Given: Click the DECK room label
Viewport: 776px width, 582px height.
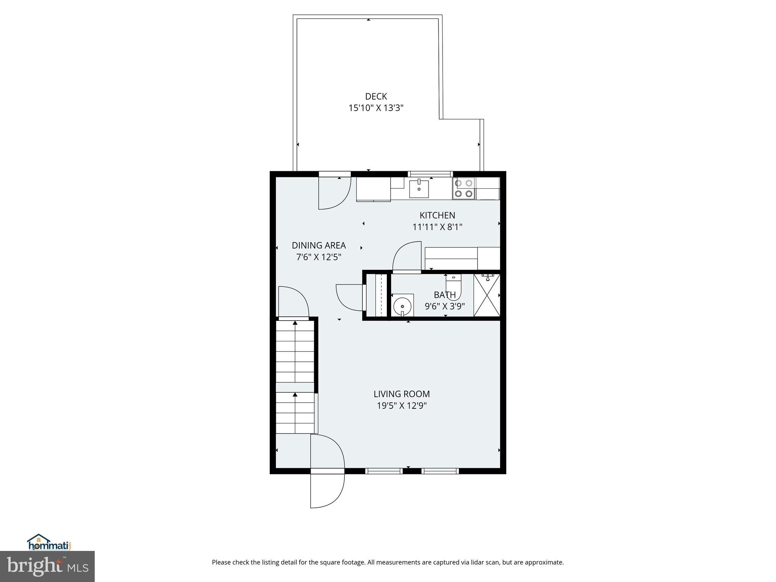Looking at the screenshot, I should [376, 97].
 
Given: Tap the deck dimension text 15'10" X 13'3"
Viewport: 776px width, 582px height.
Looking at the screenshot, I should [376, 108].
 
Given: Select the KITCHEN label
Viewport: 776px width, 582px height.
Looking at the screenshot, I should [437, 215].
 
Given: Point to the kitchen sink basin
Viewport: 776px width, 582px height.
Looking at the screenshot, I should [419, 189].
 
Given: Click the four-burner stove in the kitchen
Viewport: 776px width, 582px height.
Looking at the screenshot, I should [463, 188].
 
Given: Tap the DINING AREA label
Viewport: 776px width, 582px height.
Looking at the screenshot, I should [319, 246].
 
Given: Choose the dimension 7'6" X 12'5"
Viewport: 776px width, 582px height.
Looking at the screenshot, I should [319, 257].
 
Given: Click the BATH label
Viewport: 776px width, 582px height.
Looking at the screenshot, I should [445, 295].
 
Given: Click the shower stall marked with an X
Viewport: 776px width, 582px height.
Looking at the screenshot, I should [487, 295].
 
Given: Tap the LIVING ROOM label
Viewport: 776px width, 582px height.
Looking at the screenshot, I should [402, 394].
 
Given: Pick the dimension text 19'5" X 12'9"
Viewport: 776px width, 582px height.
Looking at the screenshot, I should [402, 406].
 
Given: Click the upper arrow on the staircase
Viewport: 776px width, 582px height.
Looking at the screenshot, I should [295, 323].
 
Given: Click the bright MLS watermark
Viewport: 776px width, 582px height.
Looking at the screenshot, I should [47, 566].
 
